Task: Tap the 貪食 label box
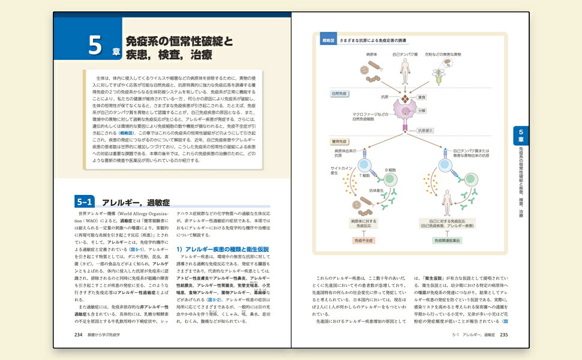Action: pyautogui.click(x=422, y=97)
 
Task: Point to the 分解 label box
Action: pyautogui.click(x=422, y=111)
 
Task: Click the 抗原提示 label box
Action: pyautogui.click(x=424, y=130)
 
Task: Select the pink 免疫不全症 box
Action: pyautogui.click(x=362, y=240)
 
